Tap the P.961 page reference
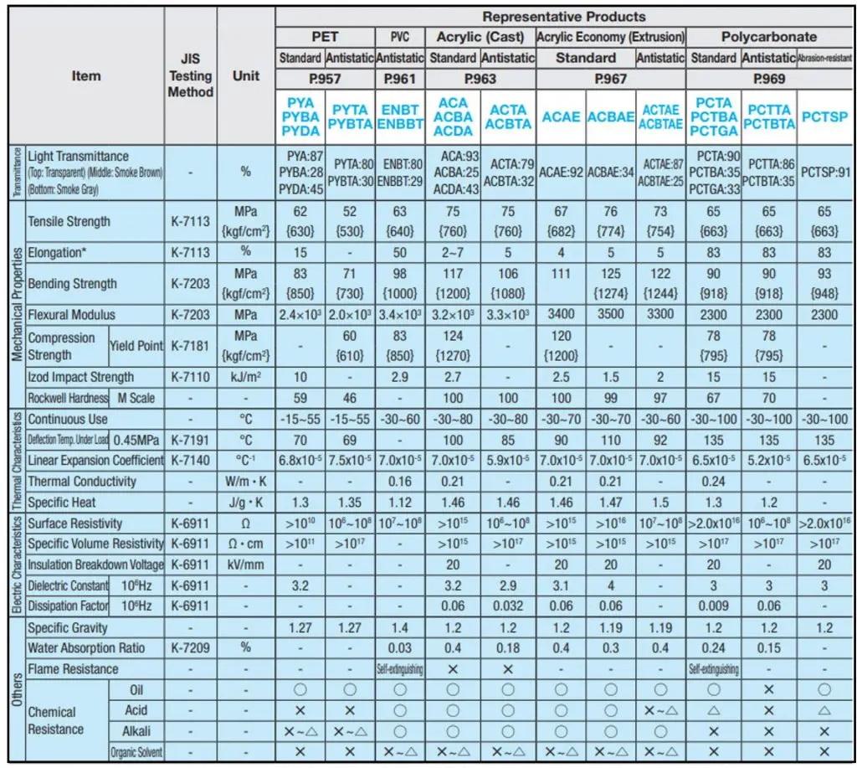coord(405,79)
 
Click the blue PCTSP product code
coord(825,116)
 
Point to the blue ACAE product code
coord(561,116)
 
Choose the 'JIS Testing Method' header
coord(191,76)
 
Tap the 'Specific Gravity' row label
coord(67,627)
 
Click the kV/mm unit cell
coord(246,564)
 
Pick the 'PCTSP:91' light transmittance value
coord(825,172)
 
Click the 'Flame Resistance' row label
coord(73,669)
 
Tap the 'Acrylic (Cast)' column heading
coord(480,37)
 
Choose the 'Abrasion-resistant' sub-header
coord(825,59)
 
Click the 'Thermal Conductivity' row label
coord(81,482)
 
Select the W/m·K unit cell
coord(246,482)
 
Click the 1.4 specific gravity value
coord(405,627)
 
